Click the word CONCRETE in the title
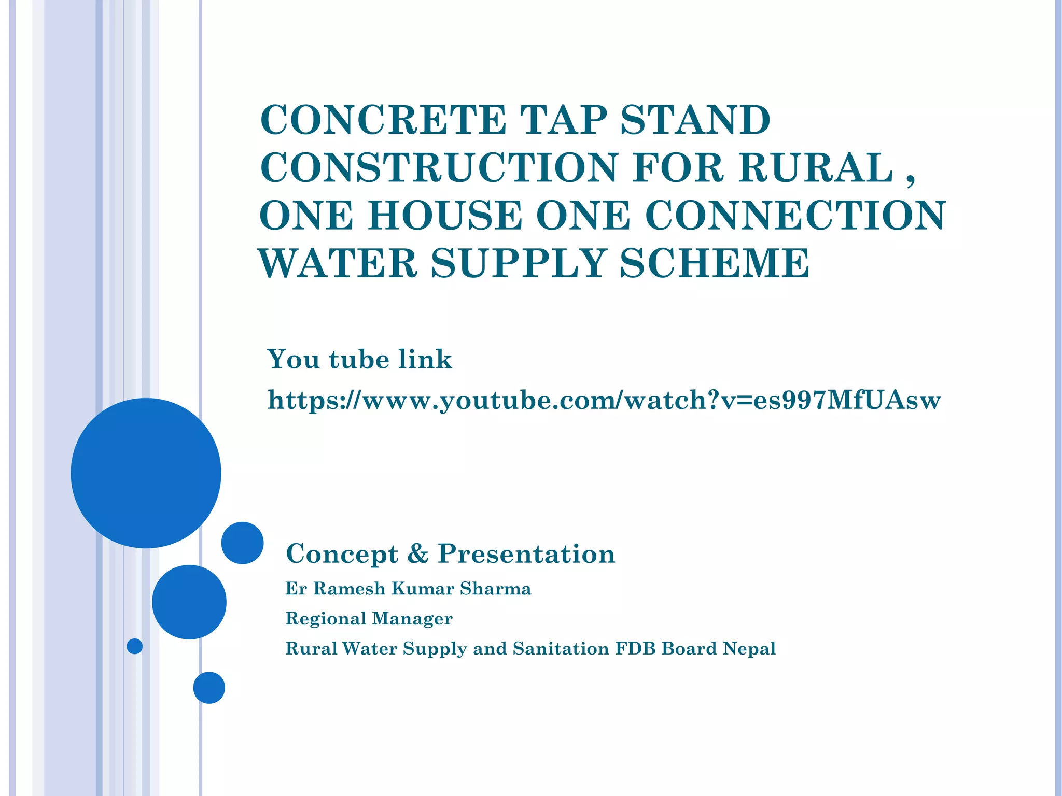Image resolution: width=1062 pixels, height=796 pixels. pos(383,120)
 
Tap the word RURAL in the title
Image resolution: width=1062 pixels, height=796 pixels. pos(816,168)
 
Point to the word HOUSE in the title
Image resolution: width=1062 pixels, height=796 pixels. pos(445,216)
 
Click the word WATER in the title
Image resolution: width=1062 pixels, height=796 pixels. pos(338,263)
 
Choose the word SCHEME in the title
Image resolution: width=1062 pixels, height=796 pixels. pos(714,263)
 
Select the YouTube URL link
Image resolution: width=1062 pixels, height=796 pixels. pos(604,401)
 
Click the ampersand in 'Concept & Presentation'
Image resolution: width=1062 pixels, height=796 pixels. pos(418,553)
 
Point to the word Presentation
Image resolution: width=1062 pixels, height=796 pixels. pos(526,553)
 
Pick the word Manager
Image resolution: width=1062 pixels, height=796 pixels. pos(412,619)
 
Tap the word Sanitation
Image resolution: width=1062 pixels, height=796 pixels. pos(561,648)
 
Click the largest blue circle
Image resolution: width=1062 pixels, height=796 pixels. pos(146,473)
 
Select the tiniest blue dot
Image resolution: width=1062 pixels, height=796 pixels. pos(135,646)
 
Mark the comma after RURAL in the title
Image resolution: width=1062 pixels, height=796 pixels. pos(911,179)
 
